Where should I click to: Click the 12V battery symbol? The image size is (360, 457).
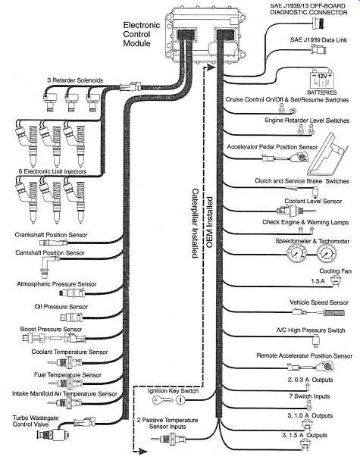click(321, 79)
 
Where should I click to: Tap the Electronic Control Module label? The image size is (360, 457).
click(142, 34)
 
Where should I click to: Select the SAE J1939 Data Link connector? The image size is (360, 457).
click(318, 49)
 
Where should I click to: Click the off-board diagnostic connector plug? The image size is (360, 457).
click(318, 22)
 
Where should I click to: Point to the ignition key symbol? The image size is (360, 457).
click(163, 399)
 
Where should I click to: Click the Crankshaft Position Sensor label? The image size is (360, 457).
click(51, 235)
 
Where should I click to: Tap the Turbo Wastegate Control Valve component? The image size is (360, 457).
click(53, 434)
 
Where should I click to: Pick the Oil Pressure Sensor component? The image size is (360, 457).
click(71, 317)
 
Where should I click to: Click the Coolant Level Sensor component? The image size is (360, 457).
click(295, 210)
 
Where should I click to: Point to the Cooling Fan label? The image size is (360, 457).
click(335, 271)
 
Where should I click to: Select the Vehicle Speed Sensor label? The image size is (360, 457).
click(319, 302)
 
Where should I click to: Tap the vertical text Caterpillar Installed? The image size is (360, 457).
click(195, 223)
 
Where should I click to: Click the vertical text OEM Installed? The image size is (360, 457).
click(209, 222)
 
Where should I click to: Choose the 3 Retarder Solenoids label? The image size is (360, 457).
click(75, 80)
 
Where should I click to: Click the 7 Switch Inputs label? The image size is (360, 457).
click(309, 396)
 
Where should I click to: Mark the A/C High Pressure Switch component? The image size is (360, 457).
click(316, 340)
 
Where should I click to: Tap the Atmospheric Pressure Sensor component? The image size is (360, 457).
click(72, 293)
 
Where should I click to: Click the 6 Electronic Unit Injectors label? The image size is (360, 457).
click(53, 171)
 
